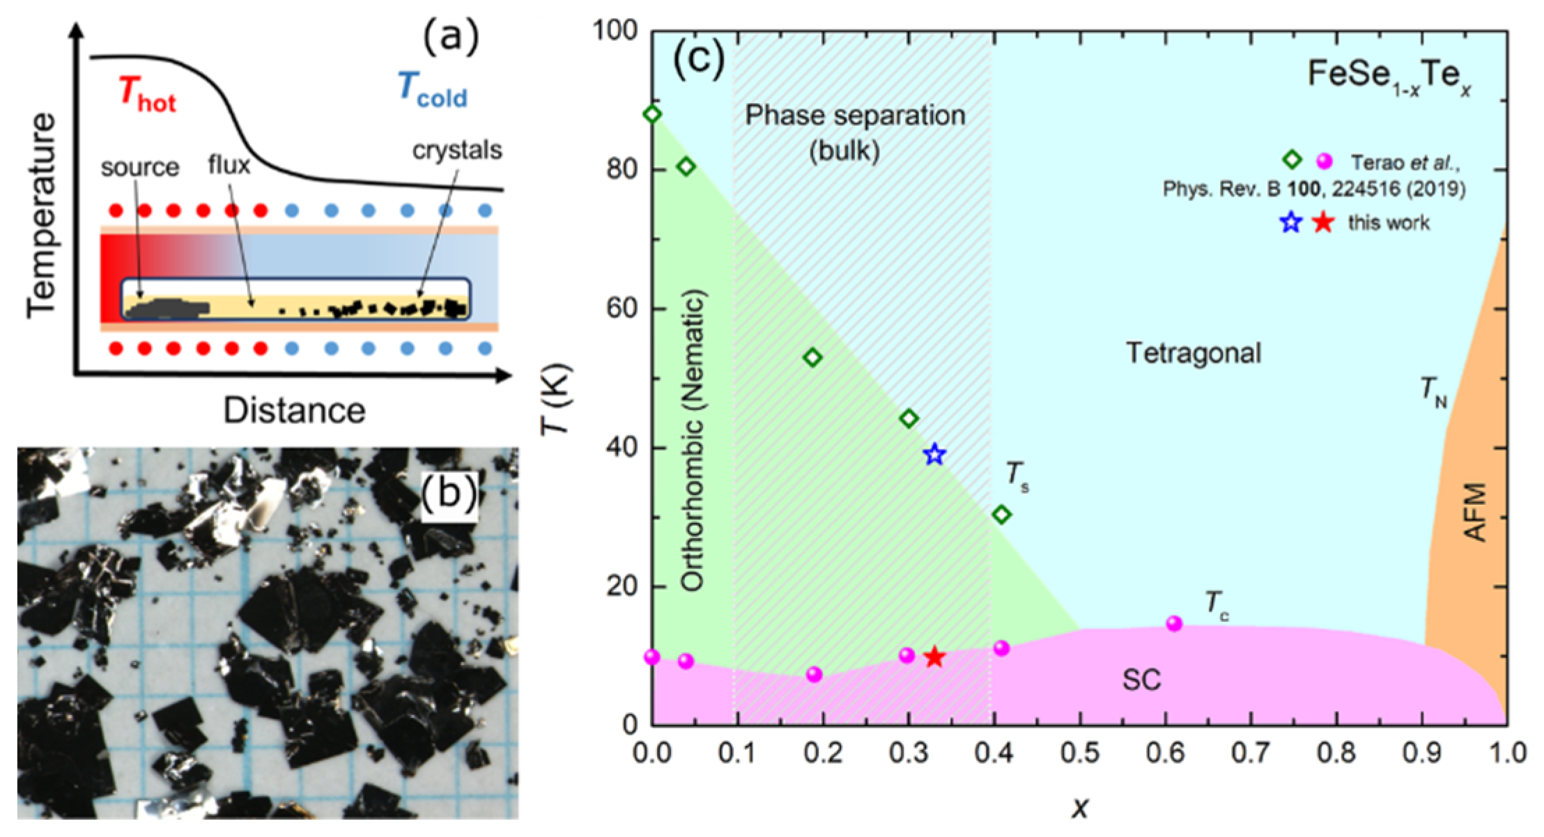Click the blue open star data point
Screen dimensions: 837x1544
pos(934,455)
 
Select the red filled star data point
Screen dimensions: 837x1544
pos(934,657)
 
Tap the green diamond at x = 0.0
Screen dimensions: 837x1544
pos(653,114)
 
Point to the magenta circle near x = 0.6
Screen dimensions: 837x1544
pos(1174,623)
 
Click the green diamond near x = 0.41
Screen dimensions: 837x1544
pos(1002,515)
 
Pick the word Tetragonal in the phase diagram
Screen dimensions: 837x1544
pos(1194,353)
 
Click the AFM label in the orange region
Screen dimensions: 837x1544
pos(1474,513)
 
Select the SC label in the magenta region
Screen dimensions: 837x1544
pos(1141,680)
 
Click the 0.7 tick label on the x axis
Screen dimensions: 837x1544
pos(1251,753)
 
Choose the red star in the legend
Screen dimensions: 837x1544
pos(1322,223)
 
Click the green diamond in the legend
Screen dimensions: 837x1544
pos(1292,160)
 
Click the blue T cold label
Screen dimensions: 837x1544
pos(432,91)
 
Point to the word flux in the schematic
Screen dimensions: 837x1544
pos(229,166)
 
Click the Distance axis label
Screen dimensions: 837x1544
pos(294,411)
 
